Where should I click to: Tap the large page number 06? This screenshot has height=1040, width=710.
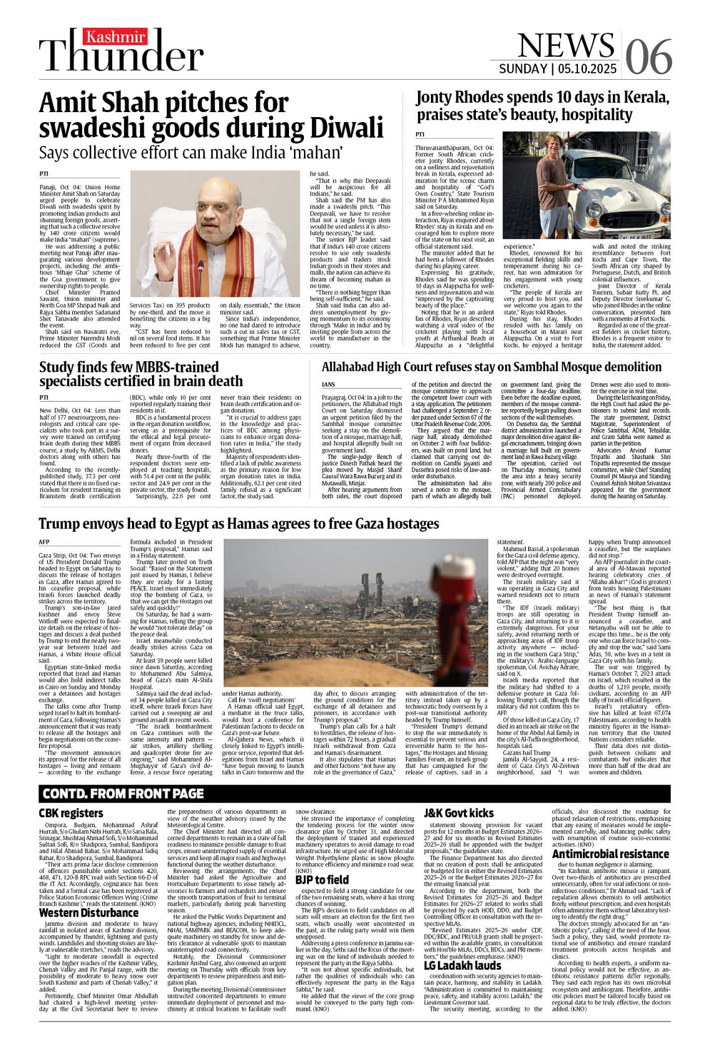tap(648, 57)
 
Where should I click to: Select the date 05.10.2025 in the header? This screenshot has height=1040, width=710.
tap(587, 69)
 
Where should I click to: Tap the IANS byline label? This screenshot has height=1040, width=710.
tap(328, 385)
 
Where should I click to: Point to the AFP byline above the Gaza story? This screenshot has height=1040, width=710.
tap(44, 542)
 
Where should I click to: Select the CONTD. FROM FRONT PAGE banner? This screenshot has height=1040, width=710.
tap(123, 794)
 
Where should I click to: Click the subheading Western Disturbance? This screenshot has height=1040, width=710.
tap(88, 913)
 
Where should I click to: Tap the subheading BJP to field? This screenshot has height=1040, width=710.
tap(322, 879)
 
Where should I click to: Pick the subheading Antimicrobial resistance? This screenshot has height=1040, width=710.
tap(610, 854)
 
